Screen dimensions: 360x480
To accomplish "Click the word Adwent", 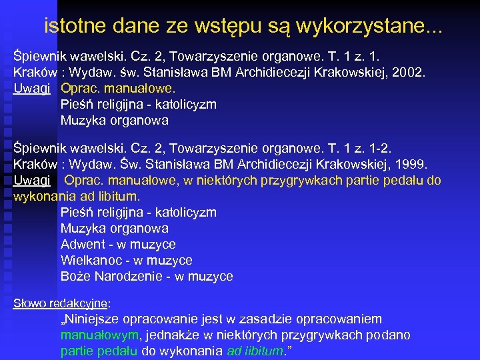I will point(81,245).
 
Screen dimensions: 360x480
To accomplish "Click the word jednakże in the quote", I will point(173,335).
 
